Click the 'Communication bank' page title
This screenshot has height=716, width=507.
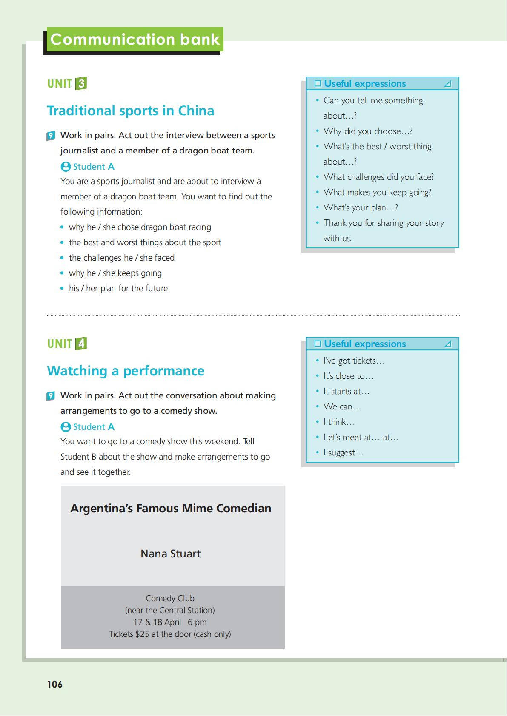tap(135, 40)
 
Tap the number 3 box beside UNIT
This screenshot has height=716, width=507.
tap(81, 83)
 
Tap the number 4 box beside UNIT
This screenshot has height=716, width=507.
tap(81, 344)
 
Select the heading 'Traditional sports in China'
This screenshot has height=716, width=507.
tap(130, 111)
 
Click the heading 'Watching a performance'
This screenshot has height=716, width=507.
tap(126, 371)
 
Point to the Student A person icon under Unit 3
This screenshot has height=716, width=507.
tap(66, 167)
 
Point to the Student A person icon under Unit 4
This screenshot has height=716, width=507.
tap(66, 427)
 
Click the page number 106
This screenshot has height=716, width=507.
tap(54, 684)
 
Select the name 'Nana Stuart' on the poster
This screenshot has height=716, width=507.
tap(170, 554)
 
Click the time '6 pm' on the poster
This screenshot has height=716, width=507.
tap(197, 622)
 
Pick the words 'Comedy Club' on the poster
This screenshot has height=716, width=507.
tap(170, 598)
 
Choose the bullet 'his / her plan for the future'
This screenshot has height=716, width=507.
tap(118, 288)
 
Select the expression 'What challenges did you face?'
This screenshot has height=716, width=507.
tap(378, 177)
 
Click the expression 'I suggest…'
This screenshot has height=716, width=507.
tap(343, 452)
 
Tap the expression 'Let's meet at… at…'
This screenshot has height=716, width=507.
tap(361, 437)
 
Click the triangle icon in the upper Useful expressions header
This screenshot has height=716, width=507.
tap(447, 84)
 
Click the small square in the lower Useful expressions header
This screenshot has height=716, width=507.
tap(318, 344)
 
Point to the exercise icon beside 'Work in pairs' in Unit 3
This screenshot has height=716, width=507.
tap(51, 136)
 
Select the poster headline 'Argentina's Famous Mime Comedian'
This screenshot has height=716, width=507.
tap(171, 509)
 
